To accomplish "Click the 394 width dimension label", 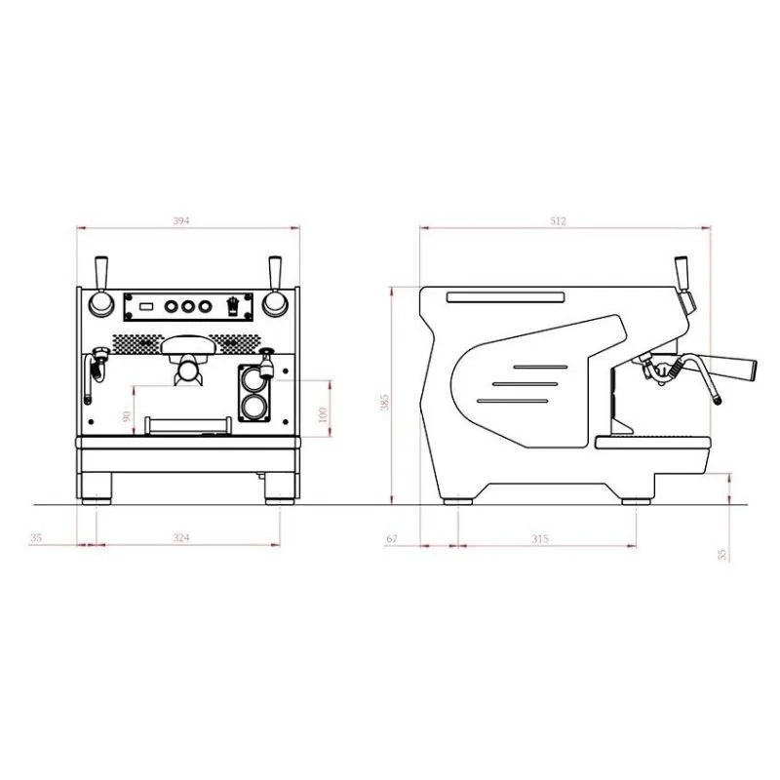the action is coord(181,220).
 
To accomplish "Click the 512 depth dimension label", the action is coord(558,220).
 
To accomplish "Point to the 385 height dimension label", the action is coord(384,402).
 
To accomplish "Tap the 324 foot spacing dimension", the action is coord(181,537).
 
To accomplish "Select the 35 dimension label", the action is coord(36,537).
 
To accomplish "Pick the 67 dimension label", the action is coord(392,538).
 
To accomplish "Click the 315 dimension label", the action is coord(540,538).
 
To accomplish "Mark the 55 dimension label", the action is coord(722,554).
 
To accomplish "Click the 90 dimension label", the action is coord(127,415).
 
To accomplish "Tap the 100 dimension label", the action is coord(323,414).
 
